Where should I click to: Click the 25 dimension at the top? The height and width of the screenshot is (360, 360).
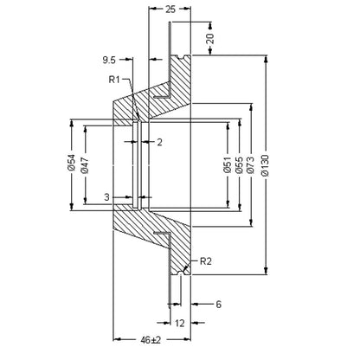pos(170,10)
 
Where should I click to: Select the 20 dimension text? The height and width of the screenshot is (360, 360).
pos(211,38)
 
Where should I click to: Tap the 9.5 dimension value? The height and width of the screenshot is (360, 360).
pos(109,60)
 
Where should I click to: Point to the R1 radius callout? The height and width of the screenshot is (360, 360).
pos(114,79)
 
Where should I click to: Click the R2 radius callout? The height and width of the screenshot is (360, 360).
pos(206,261)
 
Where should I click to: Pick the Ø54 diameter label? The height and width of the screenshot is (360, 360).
pos(71,163)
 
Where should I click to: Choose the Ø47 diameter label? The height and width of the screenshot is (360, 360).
pos(85,164)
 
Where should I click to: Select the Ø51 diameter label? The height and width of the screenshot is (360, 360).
pos(228,164)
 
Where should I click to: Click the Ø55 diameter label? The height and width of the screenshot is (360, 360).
pos(239,164)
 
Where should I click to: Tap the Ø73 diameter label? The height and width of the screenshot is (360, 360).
pos(251,164)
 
